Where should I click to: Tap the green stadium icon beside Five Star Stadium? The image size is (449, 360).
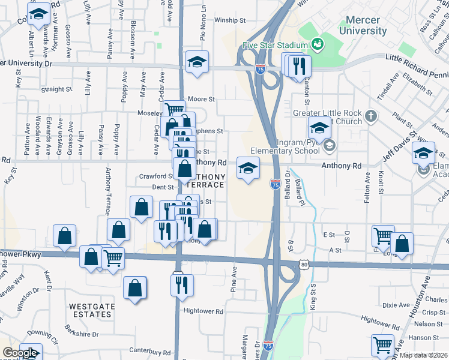tap(316, 44)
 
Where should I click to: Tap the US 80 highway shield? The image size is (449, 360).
tap(304, 263)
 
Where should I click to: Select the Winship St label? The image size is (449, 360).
tap(230, 20)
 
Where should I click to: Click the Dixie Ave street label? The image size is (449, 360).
tap(396, 305)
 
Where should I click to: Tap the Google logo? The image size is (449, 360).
tap(19, 353)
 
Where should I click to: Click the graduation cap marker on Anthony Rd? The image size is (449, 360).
tap(248, 168)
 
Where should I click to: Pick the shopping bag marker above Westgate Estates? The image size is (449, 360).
tap(135, 287)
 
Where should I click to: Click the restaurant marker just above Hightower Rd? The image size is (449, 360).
tap(182, 284)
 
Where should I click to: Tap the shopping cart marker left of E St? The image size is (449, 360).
tap(383, 236)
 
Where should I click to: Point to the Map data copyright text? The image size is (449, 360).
tap(423, 355)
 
